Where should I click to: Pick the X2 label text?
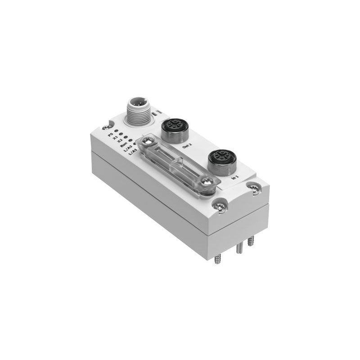[x=120, y=141]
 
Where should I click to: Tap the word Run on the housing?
[x=123, y=146]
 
